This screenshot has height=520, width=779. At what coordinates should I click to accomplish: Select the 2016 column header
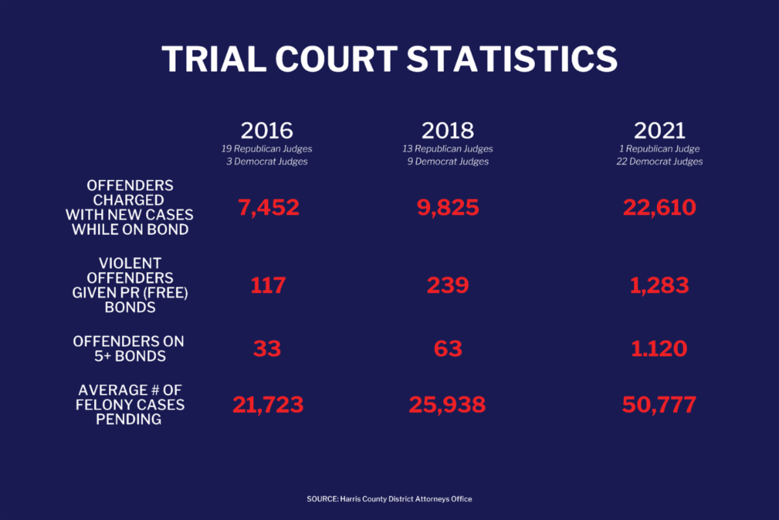(x=267, y=131)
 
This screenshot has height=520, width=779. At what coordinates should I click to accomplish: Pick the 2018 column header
(x=447, y=131)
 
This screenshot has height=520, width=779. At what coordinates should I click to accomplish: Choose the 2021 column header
(x=660, y=131)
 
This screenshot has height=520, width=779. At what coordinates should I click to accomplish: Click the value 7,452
(x=268, y=207)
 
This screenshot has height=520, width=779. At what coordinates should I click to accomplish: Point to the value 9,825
(x=447, y=207)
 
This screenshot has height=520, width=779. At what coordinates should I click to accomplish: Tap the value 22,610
(x=660, y=207)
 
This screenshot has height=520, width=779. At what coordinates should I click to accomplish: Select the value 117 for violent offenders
(x=268, y=285)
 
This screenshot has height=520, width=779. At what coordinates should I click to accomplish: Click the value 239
(x=447, y=285)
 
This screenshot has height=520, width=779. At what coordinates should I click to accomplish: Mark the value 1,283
(x=660, y=285)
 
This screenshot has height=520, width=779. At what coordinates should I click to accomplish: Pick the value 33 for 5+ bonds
(x=267, y=348)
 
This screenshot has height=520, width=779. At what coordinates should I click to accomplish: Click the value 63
(x=447, y=348)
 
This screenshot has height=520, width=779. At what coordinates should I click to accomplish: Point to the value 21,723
(x=268, y=405)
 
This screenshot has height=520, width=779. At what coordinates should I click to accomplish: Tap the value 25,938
(x=447, y=405)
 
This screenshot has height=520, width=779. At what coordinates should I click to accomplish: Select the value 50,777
(x=660, y=405)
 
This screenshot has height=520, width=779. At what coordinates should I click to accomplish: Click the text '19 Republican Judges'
(x=267, y=149)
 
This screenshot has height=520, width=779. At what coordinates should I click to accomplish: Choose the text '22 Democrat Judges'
(x=660, y=162)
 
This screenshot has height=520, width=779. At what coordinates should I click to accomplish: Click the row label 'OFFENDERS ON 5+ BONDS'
(x=129, y=348)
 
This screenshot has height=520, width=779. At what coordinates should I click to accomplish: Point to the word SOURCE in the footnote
(x=321, y=499)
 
